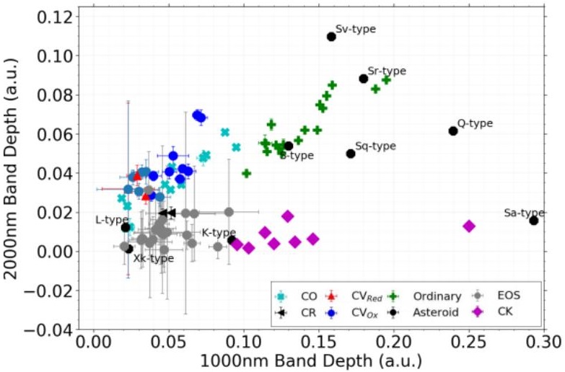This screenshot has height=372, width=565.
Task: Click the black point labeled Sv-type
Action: [331, 37]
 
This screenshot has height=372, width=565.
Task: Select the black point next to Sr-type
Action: [364, 79]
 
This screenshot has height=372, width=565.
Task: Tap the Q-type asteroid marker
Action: [453, 130]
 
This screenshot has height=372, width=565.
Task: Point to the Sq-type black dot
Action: [351, 154]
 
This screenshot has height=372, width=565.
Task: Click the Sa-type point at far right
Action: [534, 220]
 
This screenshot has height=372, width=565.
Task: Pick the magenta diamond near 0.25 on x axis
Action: [469, 226]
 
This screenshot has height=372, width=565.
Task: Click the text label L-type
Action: [112, 219]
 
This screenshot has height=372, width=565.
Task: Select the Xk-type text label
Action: [153, 258]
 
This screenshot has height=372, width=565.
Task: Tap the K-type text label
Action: [219, 233]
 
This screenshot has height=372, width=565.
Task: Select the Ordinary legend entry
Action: [437, 296]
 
